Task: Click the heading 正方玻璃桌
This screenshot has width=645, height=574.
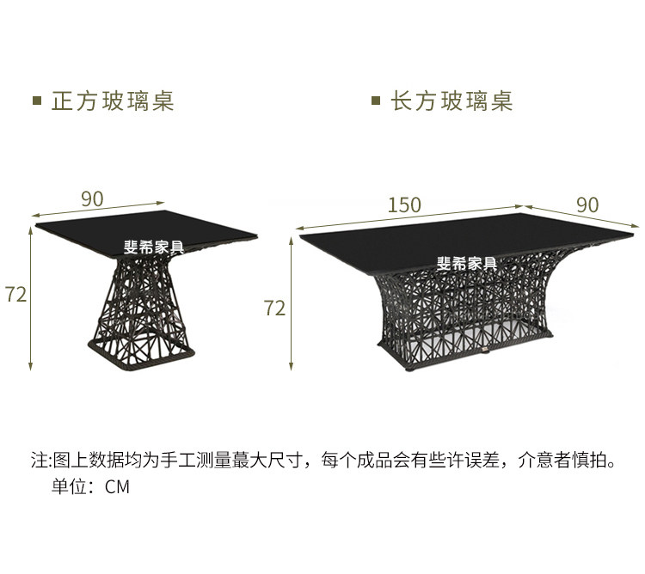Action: pos(113,101)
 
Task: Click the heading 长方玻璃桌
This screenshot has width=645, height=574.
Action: pos(451,101)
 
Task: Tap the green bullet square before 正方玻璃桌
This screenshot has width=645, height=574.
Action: pos(37,101)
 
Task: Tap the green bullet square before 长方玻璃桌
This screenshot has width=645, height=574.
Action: pos(376,101)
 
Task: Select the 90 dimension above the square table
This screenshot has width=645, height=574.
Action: pos(92,198)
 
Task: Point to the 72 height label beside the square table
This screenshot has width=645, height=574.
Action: pos(15,294)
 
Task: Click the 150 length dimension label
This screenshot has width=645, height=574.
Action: pos(404,205)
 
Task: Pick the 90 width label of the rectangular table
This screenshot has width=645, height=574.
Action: pos(587,205)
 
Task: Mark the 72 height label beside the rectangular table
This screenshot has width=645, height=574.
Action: pos(274,308)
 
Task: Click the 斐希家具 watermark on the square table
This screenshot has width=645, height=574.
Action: pos(154,247)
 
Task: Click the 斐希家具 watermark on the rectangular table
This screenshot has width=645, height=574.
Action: pos(467,264)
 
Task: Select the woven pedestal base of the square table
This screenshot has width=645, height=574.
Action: pos(145,309)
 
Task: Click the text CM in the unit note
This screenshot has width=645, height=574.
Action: pos(117,487)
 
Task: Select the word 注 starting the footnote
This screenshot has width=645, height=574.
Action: pos(39,461)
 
